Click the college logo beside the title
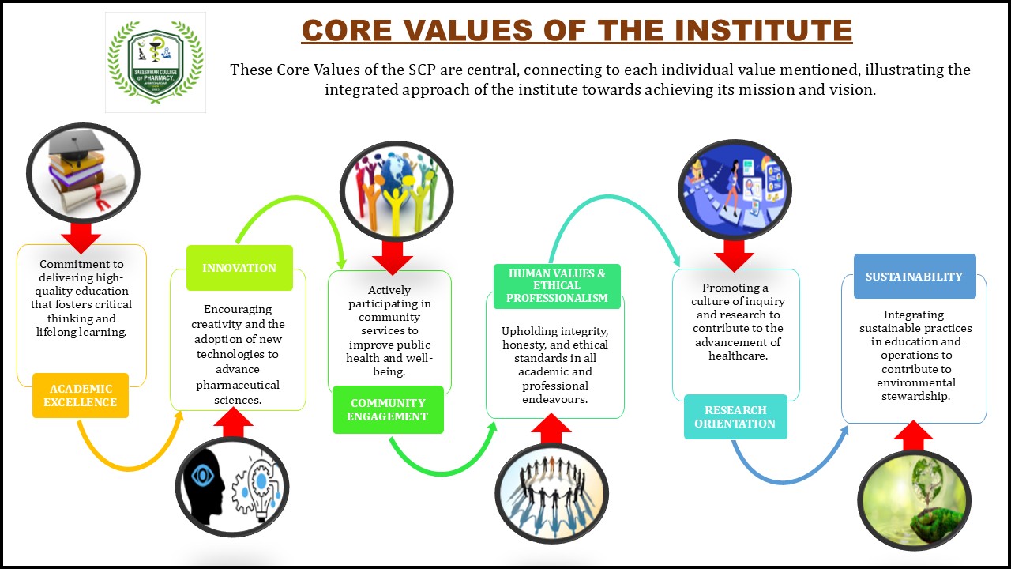tap(156, 62)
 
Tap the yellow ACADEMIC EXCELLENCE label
tap(80, 395)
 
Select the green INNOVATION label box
tap(239, 268)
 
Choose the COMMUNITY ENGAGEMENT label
tap(388, 409)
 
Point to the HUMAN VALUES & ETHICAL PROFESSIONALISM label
tap(557, 285)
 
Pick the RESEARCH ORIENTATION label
tap(735, 416)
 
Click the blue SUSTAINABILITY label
tap(914, 277)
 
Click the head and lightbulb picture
tap(231, 487)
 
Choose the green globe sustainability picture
tap(914, 500)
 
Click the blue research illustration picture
tap(735, 189)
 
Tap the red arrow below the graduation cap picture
tap(81, 236)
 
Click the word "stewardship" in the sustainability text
tap(915, 396)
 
